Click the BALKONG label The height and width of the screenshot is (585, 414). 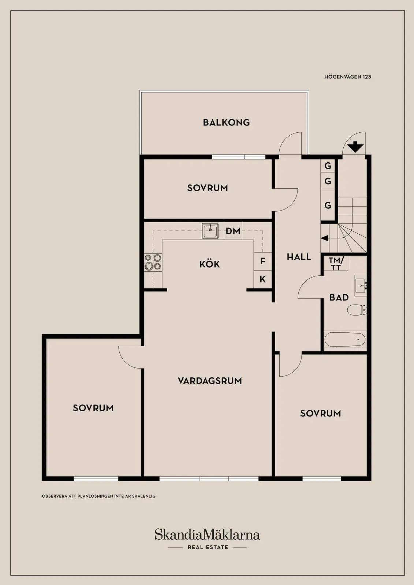(226, 122)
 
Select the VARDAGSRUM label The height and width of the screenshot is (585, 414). (210, 381)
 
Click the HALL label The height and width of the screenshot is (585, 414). (299, 257)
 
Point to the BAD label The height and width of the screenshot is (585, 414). (339, 297)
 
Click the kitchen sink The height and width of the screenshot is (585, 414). (210, 231)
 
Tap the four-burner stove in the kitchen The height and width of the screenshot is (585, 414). (153, 262)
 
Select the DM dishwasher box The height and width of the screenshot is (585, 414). (233, 231)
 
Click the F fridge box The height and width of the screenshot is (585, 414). (262, 261)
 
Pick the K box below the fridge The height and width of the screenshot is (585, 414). (262, 279)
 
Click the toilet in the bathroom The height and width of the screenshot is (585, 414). (357, 310)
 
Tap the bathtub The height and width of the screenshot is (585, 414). (345, 340)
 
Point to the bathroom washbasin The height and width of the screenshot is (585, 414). (361, 285)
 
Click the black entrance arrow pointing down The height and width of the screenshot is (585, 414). (355, 147)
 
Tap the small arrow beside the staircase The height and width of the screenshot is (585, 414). (325, 238)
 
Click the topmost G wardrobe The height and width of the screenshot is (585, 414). (328, 166)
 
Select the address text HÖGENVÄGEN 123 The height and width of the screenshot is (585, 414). (348, 77)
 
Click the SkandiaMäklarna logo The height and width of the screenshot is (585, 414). (207, 534)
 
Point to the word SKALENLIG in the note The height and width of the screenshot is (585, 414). (144, 496)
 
